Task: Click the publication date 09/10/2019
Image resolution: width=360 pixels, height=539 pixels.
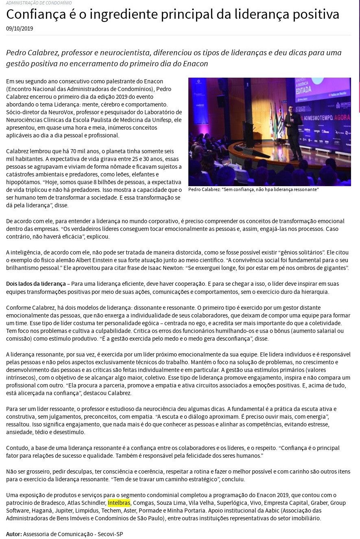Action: point(20,28)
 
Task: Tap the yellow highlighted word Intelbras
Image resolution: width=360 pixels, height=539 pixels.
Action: point(119,503)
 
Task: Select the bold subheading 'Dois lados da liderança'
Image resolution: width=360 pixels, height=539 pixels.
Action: point(36,284)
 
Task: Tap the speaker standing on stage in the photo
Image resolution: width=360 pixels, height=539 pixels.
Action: point(293,128)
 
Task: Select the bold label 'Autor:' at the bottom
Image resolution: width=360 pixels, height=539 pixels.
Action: point(14,534)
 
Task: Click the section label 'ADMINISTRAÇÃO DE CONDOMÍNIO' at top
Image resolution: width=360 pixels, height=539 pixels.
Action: point(39,3)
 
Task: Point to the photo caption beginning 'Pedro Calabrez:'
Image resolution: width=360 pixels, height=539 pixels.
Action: point(253,189)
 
